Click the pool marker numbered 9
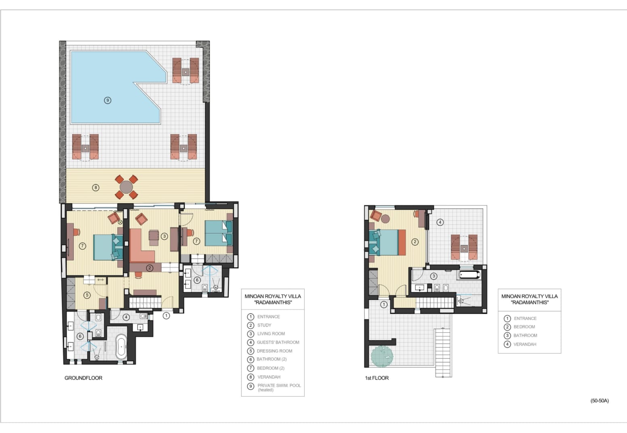(x=107, y=100)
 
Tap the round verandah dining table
(x=126, y=187)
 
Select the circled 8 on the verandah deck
(x=96, y=187)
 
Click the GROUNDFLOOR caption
(x=83, y=378)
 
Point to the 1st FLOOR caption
(x=377, y=378)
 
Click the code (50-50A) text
(x=600, y=401)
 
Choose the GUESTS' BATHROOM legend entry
(x=278, y=342)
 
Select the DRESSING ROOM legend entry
(x=275, y=351)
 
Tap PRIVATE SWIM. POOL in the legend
(x=279, y=385)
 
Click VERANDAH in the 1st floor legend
(x=525, y=344)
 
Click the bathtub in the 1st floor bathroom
(x=469, y=274)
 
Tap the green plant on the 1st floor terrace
(x=382, y=356)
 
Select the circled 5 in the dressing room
(x=87, y=295)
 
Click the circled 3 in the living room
(x=164, y=236)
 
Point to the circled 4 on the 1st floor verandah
(x=440, y=222)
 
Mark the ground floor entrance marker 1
(x=166, y=316)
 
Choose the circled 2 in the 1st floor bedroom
(x=415, y=242)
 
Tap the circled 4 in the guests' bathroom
(x=126, y=317)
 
